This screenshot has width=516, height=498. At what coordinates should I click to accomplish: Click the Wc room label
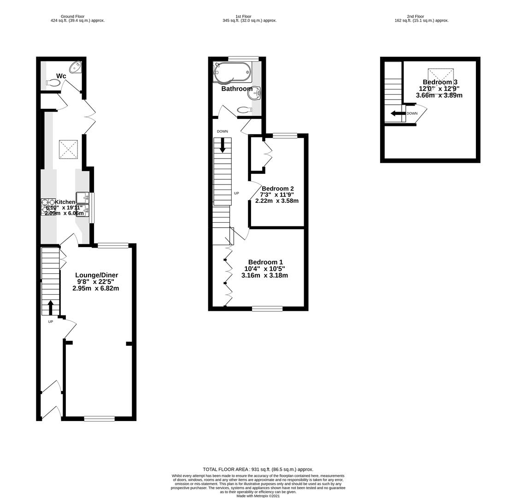[61, 76]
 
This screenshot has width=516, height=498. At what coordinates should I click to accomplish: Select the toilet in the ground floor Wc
[53, 83]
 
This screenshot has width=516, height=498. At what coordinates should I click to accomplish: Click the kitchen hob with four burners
[48, 207]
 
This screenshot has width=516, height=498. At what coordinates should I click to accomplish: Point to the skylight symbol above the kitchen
[68, 149]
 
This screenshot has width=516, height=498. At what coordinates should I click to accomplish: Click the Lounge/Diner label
[96, 275]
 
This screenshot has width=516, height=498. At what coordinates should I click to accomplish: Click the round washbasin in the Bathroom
[254, 94]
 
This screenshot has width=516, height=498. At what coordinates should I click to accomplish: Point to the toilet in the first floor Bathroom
[245, 110]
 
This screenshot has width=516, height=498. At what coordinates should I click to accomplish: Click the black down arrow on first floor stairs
[223, 145]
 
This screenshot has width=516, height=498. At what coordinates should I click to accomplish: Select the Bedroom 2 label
[277, 189]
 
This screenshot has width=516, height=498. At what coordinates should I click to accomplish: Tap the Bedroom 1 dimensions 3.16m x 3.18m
[264, 276]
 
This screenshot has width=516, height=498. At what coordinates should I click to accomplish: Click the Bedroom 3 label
[440, 82]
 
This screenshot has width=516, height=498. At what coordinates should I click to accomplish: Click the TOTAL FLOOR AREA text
[258, 469]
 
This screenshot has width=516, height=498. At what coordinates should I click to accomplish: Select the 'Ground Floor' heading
[73, 16]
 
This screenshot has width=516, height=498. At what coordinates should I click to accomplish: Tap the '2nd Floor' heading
[416, 16]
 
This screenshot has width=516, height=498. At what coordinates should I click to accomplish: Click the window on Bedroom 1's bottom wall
[267, 308]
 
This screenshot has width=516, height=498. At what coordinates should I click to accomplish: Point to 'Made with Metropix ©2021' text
[258, 496]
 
